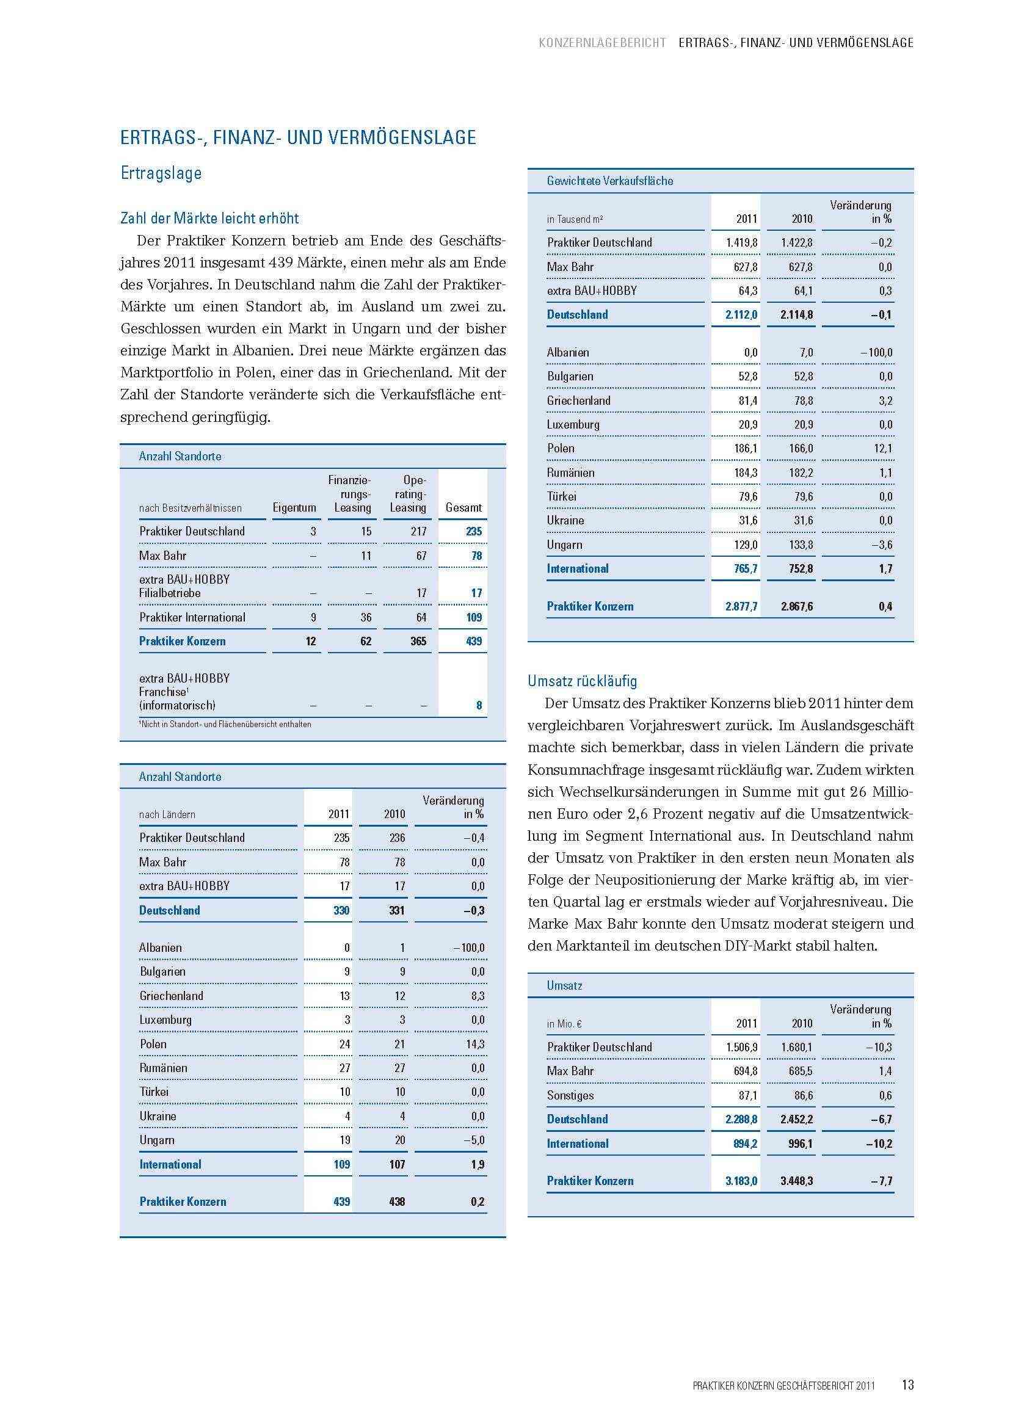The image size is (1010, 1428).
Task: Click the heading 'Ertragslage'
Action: (x=161, y=173)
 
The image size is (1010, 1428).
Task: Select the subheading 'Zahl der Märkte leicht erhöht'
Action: (x=209, y=219)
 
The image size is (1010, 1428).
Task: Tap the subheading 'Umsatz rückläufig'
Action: (x=582, y=681)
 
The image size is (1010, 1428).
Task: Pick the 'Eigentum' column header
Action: (x=294, y=507)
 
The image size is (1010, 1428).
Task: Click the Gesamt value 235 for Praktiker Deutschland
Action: (x=474, y=531)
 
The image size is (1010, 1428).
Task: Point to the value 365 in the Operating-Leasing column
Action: (x=418, y=641)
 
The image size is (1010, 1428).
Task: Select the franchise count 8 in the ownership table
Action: (x=478, y=705)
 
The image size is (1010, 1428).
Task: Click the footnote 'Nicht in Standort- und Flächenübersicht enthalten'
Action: (x=225, y=724)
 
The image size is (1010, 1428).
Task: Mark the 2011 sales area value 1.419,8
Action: (x=742, y=242)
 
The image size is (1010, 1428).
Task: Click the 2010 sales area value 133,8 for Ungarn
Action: (x=800, y=545)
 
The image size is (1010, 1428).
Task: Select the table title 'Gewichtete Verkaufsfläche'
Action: (x=609, y=181)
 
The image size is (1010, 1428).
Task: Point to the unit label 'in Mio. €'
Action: (x=564, y=1023)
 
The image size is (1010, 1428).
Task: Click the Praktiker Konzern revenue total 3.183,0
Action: (x=741, y=1181)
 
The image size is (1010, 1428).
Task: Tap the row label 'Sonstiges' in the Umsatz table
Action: (x=570, y=1095)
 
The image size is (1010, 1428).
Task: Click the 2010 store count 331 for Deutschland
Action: (x=396, y=910)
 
